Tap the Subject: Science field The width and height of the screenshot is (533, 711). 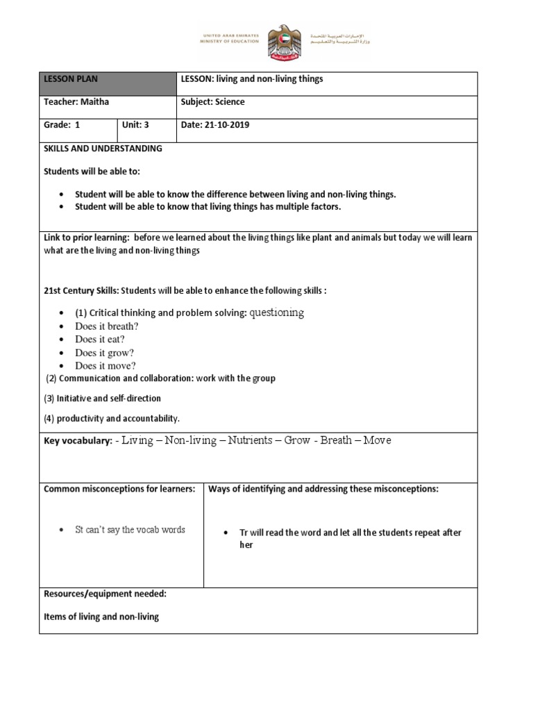pyautogui.click(x=212, y=102)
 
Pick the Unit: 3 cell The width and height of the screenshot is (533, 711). pyautogui.click(x=135, y=126)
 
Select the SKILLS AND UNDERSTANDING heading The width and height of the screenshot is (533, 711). pyautogui.click(x=103, y=149)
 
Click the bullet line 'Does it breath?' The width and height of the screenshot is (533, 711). pyautogui.click(x=107, y=326)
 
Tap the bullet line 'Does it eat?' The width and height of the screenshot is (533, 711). pyautogui.click(x=100, y=340)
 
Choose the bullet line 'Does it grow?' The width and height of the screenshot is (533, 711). pyautogui.click(x=104, y=353)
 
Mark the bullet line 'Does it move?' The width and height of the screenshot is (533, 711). pyautogui.click(x=105, y=366)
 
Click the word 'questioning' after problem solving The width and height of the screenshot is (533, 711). pyautogui.click(x=276, y=313)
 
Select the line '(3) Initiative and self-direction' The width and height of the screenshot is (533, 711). pyautogui.click(x=103, y=399)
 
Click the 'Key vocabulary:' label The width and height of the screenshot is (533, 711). pyautogui.click(x=77, y=442)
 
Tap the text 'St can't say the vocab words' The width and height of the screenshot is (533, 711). pyautogui.click(x=130, y=530)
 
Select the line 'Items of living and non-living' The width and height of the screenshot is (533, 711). pyautogui.click(x=101, y=617)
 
